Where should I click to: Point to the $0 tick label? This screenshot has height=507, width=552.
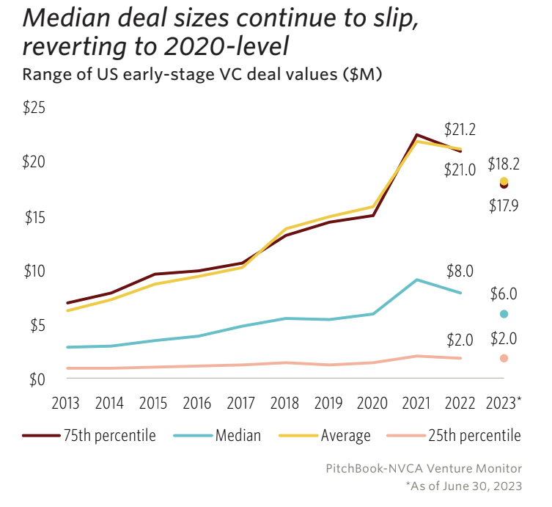pyautogui.click(x=35, y=379)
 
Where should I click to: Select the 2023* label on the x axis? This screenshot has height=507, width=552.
pyautogui.click(x=505, y=403)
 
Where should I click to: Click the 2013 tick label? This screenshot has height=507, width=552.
pyautogui.click(x=67, y=403)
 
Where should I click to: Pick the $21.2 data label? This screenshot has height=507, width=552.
pyautogui.click(x=460, y=131)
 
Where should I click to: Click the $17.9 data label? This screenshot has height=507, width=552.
pyautogui.click(x=504, y=205)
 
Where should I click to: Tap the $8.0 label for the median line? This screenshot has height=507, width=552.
pyautogui.click(x=460, y=271)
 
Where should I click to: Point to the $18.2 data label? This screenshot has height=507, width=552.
pyautogui.click(x=504, y=163)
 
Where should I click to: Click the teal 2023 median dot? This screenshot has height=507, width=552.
pyautogui.click(x=504, y=314)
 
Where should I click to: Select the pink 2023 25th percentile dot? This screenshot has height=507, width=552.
pyautogui.click(x=504, y=358)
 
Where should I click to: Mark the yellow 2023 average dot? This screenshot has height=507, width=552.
pyautogui.click(x=504, y=180)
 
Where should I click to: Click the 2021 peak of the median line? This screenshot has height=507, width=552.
pyautogui.click(x=417, y=280)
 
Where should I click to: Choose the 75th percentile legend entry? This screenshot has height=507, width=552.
pyautogui.click(x=89, y=436)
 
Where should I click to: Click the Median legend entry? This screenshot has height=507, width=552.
pyautogui.click(x=218, y=436)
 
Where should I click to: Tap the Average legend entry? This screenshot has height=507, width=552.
pyautogui.click(x=325, y=436)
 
